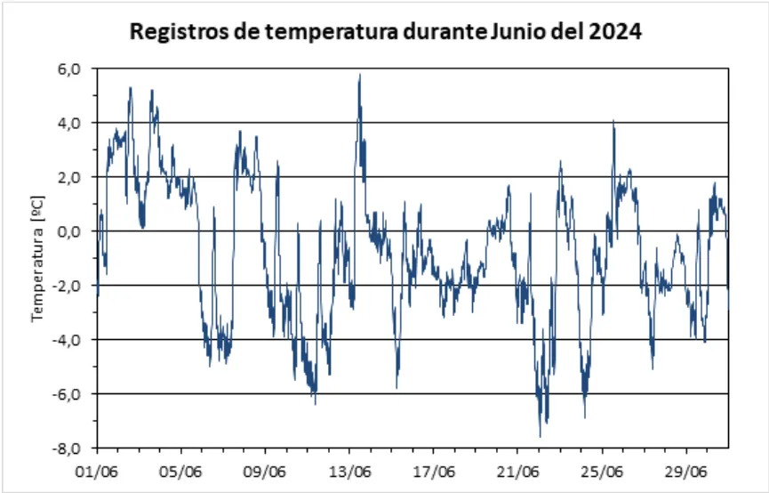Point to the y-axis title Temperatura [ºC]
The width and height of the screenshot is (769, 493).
click(x=39, y=260)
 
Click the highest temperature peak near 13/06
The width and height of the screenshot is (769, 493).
click(x=359, y=75)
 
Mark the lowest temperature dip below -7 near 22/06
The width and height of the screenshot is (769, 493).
click(x=541, y=435)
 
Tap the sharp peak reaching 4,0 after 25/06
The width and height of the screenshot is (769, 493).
click(x=613, y=122)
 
